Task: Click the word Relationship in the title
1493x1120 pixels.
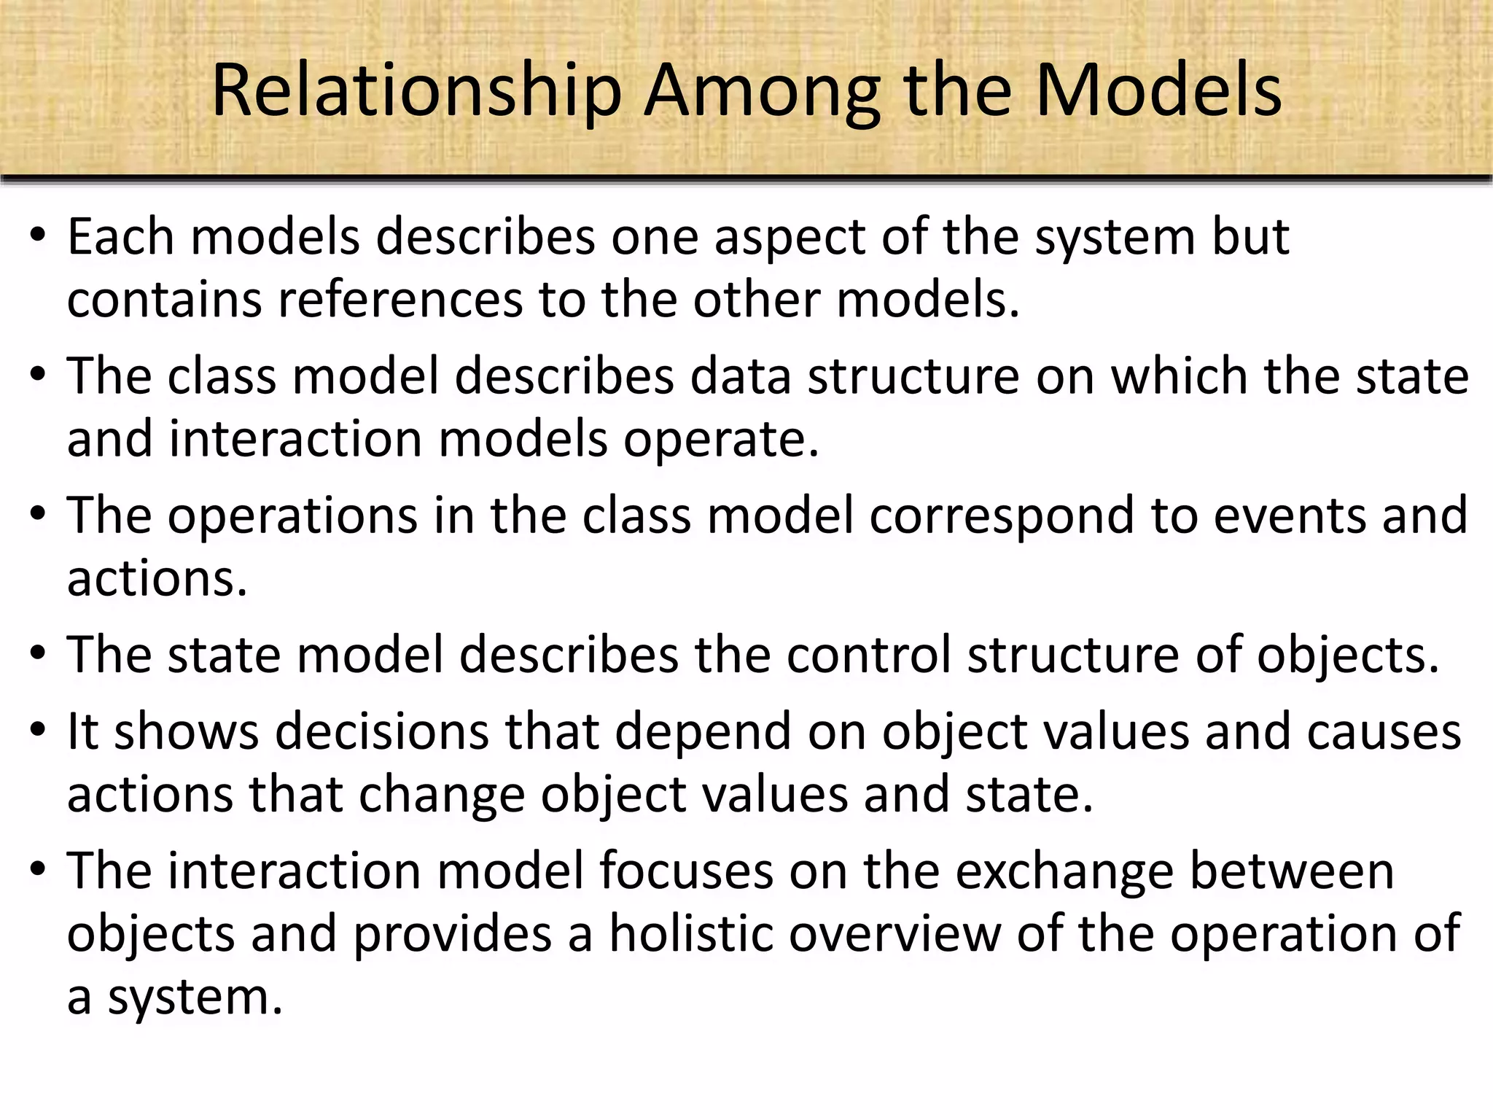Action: pos(416,91)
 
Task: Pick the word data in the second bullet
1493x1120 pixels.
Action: pos(740,376)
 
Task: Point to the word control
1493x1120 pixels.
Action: pos(868,654)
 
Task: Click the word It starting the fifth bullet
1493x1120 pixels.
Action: pos(82,731)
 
